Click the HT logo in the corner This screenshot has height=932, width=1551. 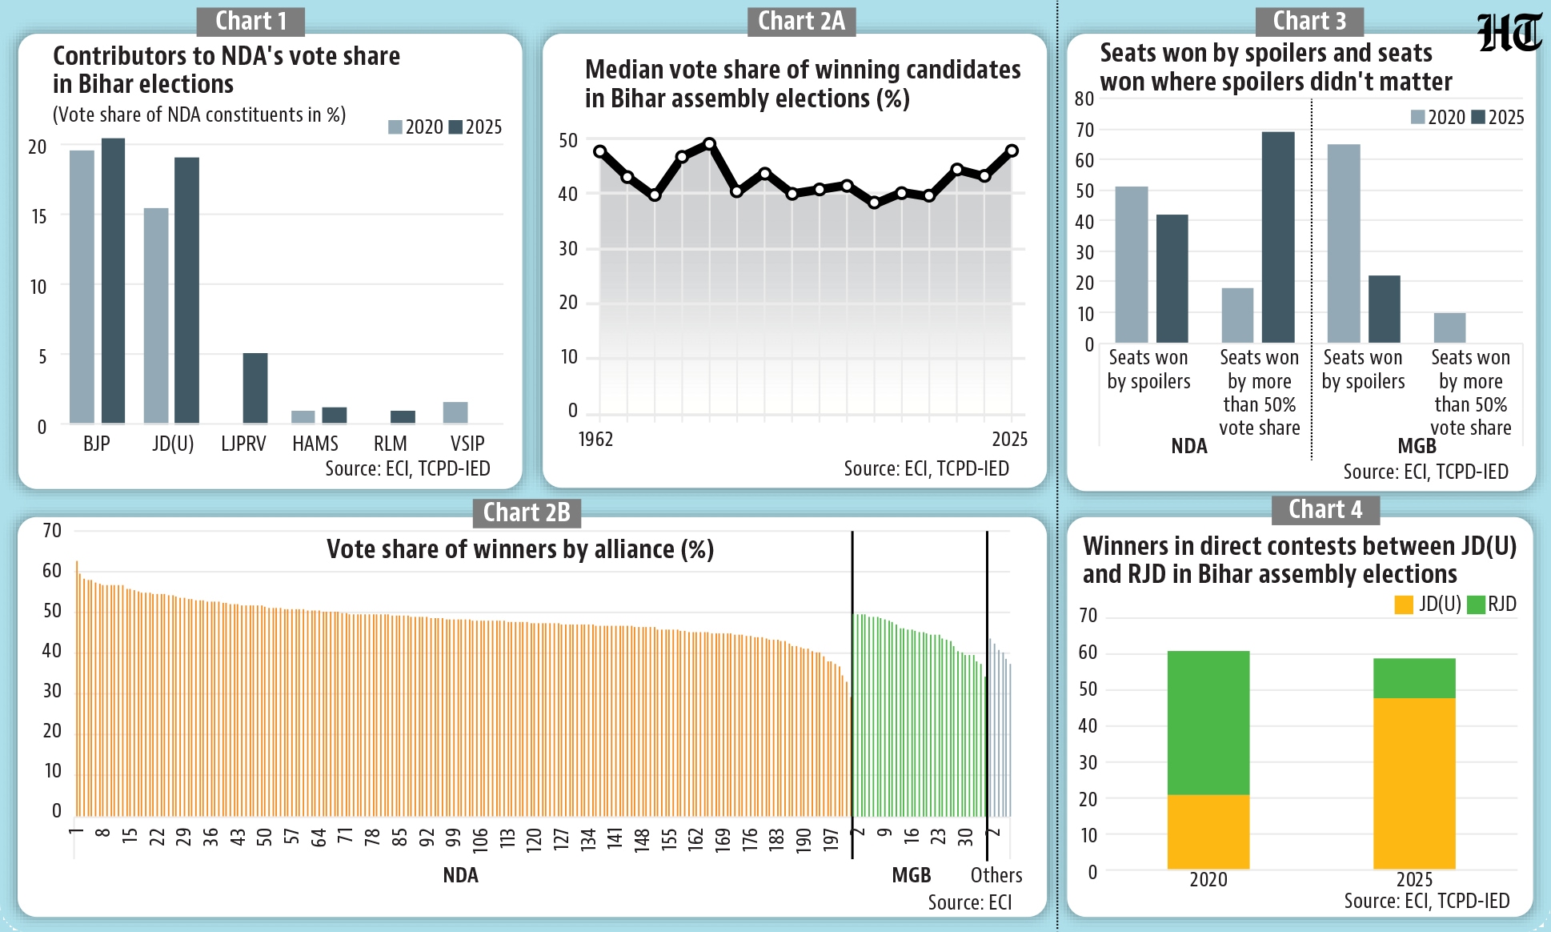coord(1509,34)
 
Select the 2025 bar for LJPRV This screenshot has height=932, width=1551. coord(255,388)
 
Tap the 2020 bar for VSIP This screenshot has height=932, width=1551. coord(455,412)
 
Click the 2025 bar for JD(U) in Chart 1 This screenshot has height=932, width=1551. coord(186,290)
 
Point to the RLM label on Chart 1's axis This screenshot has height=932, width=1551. coord(390,444)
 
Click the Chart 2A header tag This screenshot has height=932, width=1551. coord(801,21)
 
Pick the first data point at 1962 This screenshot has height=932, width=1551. coord(600,151)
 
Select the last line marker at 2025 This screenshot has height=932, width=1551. coord(1012,151)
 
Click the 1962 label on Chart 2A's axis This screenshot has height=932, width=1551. coord(595,439)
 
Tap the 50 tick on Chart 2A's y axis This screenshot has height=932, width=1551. coord(568,141)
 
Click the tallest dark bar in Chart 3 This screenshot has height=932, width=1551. coord(1278,237)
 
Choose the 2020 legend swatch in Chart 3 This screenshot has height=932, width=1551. coord(1417,118)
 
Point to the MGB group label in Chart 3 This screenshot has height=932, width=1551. coord(1417,446)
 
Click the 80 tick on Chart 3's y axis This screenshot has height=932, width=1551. coord(1084,99)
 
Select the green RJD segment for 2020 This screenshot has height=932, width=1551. coord(1208,722)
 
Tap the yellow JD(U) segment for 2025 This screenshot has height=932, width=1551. coord(1414,783)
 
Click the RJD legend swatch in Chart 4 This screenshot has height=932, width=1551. coord(1476,605)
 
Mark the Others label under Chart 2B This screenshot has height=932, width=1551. coord(996,875)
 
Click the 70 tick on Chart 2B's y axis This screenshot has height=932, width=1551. coord(52,531)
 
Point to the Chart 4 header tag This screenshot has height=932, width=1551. coord(1325,509)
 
